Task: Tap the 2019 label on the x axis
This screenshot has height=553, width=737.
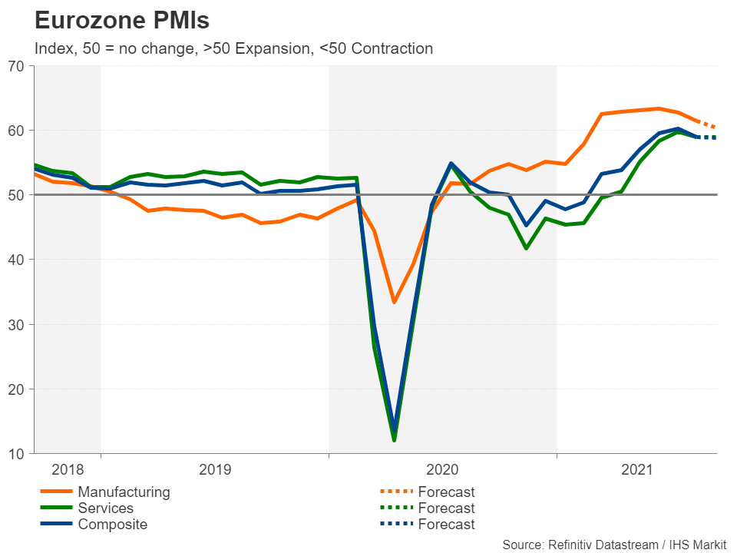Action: pyautogui.click(x=214, y=469)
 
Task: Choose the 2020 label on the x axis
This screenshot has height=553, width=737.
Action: pyautogui.click(x=442, y=469)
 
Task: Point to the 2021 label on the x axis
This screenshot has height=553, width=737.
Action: pyautogui.click(x=636, y=469)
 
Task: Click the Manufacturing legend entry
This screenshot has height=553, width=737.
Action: pyautogui.click(x=124, y=492)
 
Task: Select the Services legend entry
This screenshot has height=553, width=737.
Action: pyautogui.click(x=106, y=508)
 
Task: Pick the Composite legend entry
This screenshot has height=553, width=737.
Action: pyautogui.click(x=113, y=525)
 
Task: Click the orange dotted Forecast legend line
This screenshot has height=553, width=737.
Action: pyautogui.click(x=396, y=492)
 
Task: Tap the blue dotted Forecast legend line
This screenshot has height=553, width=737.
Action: pyautogui.click(x=396, y=525)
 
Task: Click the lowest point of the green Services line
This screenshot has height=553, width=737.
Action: pyautogui.click(x=395, y=440)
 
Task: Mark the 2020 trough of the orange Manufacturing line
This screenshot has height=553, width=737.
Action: pyautogui.click(x=395, y=302)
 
